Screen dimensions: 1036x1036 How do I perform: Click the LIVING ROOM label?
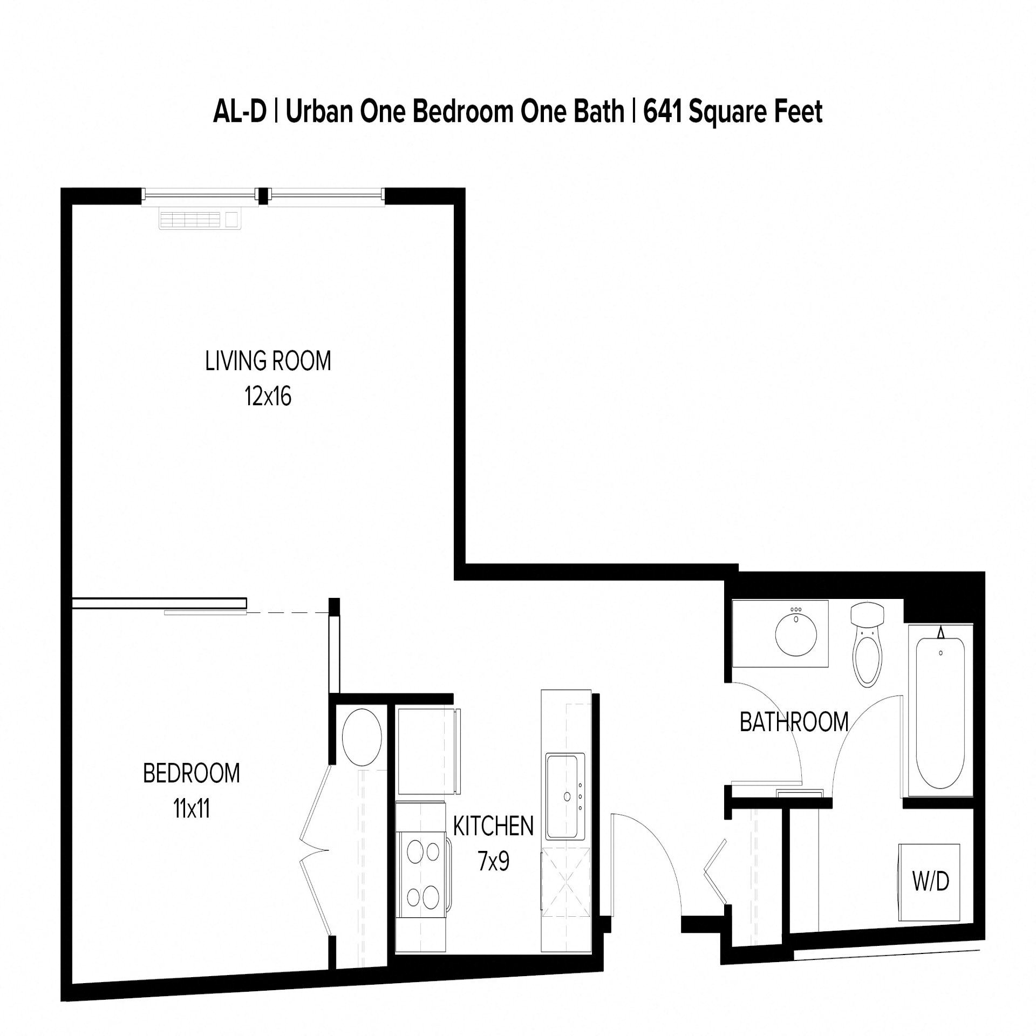[x=268, y=361]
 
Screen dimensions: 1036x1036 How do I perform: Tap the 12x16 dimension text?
[x=268, y=397]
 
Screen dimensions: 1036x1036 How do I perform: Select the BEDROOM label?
[x=191, y=773]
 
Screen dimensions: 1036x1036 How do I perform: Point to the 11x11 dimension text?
[x=191, y=809]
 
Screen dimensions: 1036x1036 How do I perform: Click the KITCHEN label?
[x=493, y=826]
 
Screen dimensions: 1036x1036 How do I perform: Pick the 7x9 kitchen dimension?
[x=493, y=862]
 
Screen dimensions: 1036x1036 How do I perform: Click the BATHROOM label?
[x=794, y=723]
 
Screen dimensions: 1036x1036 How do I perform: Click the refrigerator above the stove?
[x=426, y=751]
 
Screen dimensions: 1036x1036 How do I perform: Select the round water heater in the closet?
[x=362, y=737]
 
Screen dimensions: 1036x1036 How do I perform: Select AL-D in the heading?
[x=240, y=112]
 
